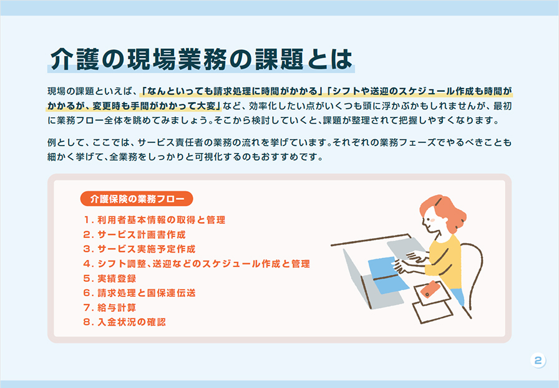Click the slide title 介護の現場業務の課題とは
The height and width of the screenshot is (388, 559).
point(201,59)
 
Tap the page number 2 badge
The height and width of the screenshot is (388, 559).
point(538,360)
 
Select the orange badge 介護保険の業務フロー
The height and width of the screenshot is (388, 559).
point(137,199)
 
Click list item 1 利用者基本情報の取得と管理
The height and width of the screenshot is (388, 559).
point(154,220)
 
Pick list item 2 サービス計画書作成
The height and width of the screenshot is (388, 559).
point(134,234)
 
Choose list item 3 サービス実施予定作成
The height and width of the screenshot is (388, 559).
point(139,249)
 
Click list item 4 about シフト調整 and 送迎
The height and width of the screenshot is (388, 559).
point(197,264)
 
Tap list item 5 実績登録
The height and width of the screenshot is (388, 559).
point(109,279)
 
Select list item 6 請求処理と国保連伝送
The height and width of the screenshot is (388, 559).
point(139,293)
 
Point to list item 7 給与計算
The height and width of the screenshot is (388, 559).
point(109,307)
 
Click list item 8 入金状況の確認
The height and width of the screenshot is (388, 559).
point(124,322)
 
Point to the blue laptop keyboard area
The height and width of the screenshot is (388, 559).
point(388,275)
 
